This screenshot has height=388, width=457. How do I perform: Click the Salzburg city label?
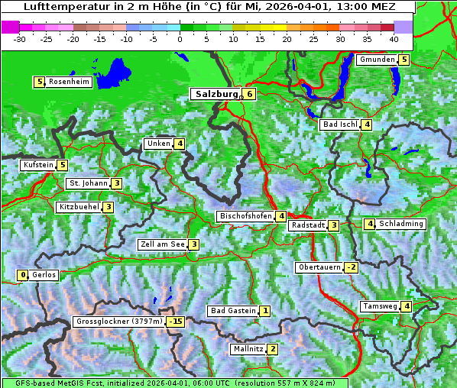217,94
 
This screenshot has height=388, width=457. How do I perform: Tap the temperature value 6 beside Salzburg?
250,94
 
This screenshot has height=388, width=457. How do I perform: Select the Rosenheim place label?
69,82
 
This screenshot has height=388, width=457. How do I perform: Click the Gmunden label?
377,60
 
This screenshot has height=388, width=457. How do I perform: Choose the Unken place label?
158,144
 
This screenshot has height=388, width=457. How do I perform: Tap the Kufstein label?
38,164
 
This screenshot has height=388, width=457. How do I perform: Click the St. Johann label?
88,183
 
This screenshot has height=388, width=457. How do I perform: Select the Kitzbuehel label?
79,207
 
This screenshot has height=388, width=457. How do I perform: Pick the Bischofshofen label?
245,216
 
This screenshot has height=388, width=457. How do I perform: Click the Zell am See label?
163,244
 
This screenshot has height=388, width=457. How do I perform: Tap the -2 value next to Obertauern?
351,267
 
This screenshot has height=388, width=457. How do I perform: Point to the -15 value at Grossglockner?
177,322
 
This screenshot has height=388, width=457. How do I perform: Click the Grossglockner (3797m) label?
120,322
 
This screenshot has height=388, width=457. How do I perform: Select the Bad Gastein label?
233,311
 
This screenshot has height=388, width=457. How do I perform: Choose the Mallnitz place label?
248,349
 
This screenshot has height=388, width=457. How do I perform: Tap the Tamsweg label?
380,306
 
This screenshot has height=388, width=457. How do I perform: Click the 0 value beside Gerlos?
23,275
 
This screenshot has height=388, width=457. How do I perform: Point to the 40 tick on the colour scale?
394,38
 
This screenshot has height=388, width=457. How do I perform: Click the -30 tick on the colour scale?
20,38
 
